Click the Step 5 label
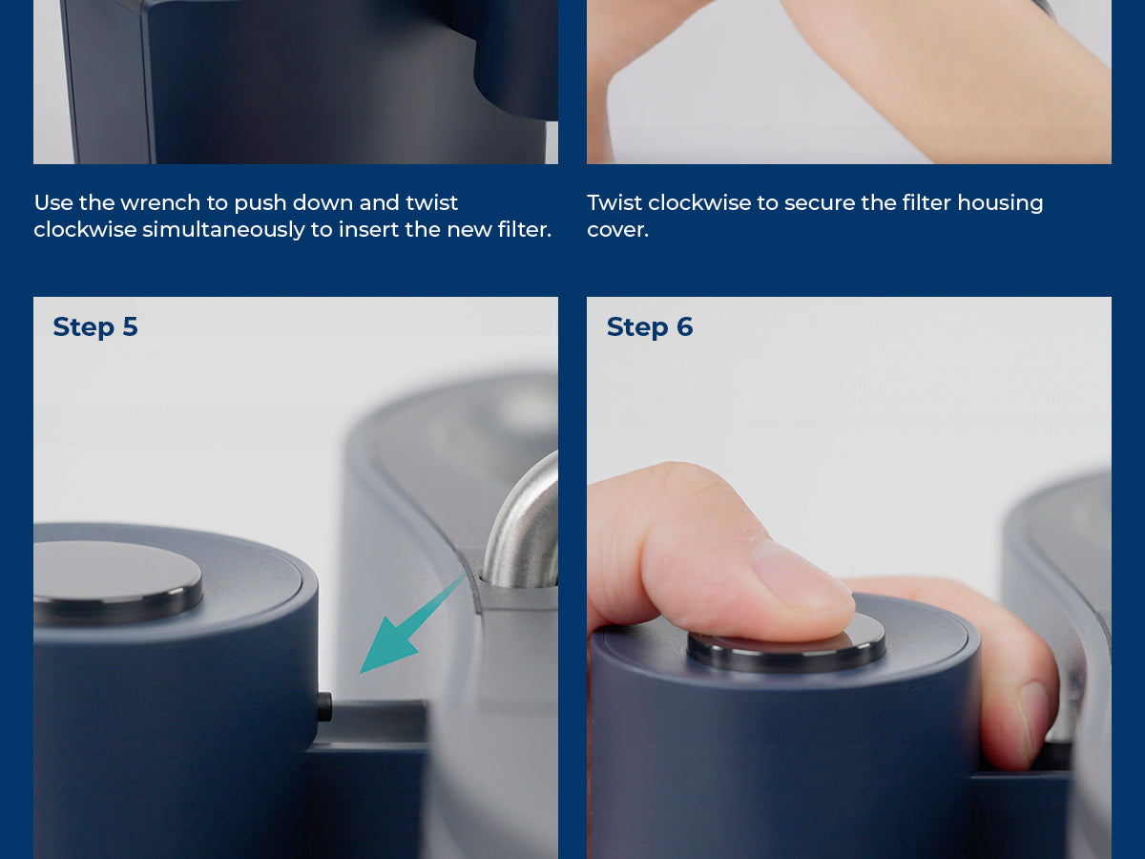95,327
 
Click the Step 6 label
650,327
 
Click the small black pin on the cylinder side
324,707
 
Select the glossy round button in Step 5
117,582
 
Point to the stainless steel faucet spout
522,521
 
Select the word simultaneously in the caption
224,230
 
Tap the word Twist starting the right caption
614,203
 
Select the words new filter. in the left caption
499,230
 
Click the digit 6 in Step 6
684,327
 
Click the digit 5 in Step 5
130,327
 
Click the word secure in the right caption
819,204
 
